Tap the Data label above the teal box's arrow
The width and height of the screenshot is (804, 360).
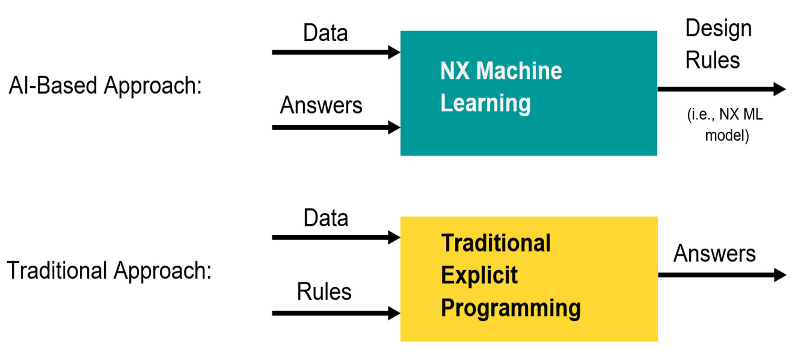(326, 33)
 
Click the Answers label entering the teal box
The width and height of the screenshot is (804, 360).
(321, 105)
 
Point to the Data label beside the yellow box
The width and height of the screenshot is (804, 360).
(326, 218)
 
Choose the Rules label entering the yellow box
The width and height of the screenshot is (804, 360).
(324, 292)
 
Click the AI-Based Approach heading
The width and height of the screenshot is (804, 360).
(105, 85)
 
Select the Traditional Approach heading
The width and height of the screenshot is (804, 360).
(109, 270)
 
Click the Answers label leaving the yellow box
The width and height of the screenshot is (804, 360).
(714, 254)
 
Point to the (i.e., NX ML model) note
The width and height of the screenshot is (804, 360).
(726, 125)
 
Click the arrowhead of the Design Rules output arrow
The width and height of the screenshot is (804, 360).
(779, 89)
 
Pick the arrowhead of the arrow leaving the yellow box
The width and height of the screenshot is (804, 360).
(780, 275)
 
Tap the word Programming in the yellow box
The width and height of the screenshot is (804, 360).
(510, 308)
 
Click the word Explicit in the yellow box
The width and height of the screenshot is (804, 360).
(479, 275)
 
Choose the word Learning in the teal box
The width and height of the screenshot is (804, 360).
(485, 103)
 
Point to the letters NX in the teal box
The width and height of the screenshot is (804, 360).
(454, 71)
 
